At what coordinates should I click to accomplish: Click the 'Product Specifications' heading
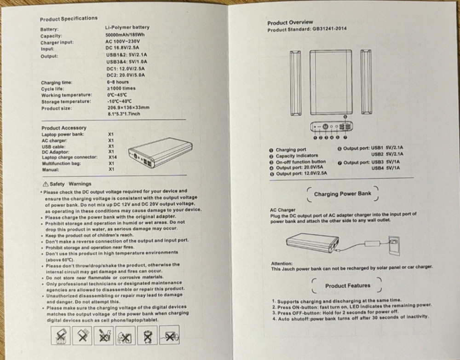pos(69,19)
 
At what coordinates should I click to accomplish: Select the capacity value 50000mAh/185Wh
pos(125,35)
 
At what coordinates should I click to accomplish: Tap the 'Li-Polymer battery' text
pos(127,27)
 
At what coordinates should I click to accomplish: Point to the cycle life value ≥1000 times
pos(121,88)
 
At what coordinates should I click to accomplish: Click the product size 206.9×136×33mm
pos(128,107)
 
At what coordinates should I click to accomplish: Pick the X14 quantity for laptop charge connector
pos(112,157)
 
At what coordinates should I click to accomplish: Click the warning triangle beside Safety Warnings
pos(46,184)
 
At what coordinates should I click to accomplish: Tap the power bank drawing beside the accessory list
pos(160,152)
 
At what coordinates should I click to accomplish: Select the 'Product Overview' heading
pos(290,22)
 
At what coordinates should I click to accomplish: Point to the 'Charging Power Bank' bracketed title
pos(342,194)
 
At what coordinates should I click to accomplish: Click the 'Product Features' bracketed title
pos(348,285)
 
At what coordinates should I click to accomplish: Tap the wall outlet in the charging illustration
pos(394,245)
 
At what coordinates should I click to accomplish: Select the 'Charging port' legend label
pos(290,150)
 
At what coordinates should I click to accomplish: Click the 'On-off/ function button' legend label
pos(301,162)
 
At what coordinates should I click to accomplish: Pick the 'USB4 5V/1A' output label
pos(385,168)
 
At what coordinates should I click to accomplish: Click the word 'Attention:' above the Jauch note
pos(282,263)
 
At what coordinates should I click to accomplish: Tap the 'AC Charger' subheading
pos(282,210)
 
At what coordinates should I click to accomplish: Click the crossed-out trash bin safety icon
pos(148,335)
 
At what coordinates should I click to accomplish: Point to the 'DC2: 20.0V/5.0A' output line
pos(126,75)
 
